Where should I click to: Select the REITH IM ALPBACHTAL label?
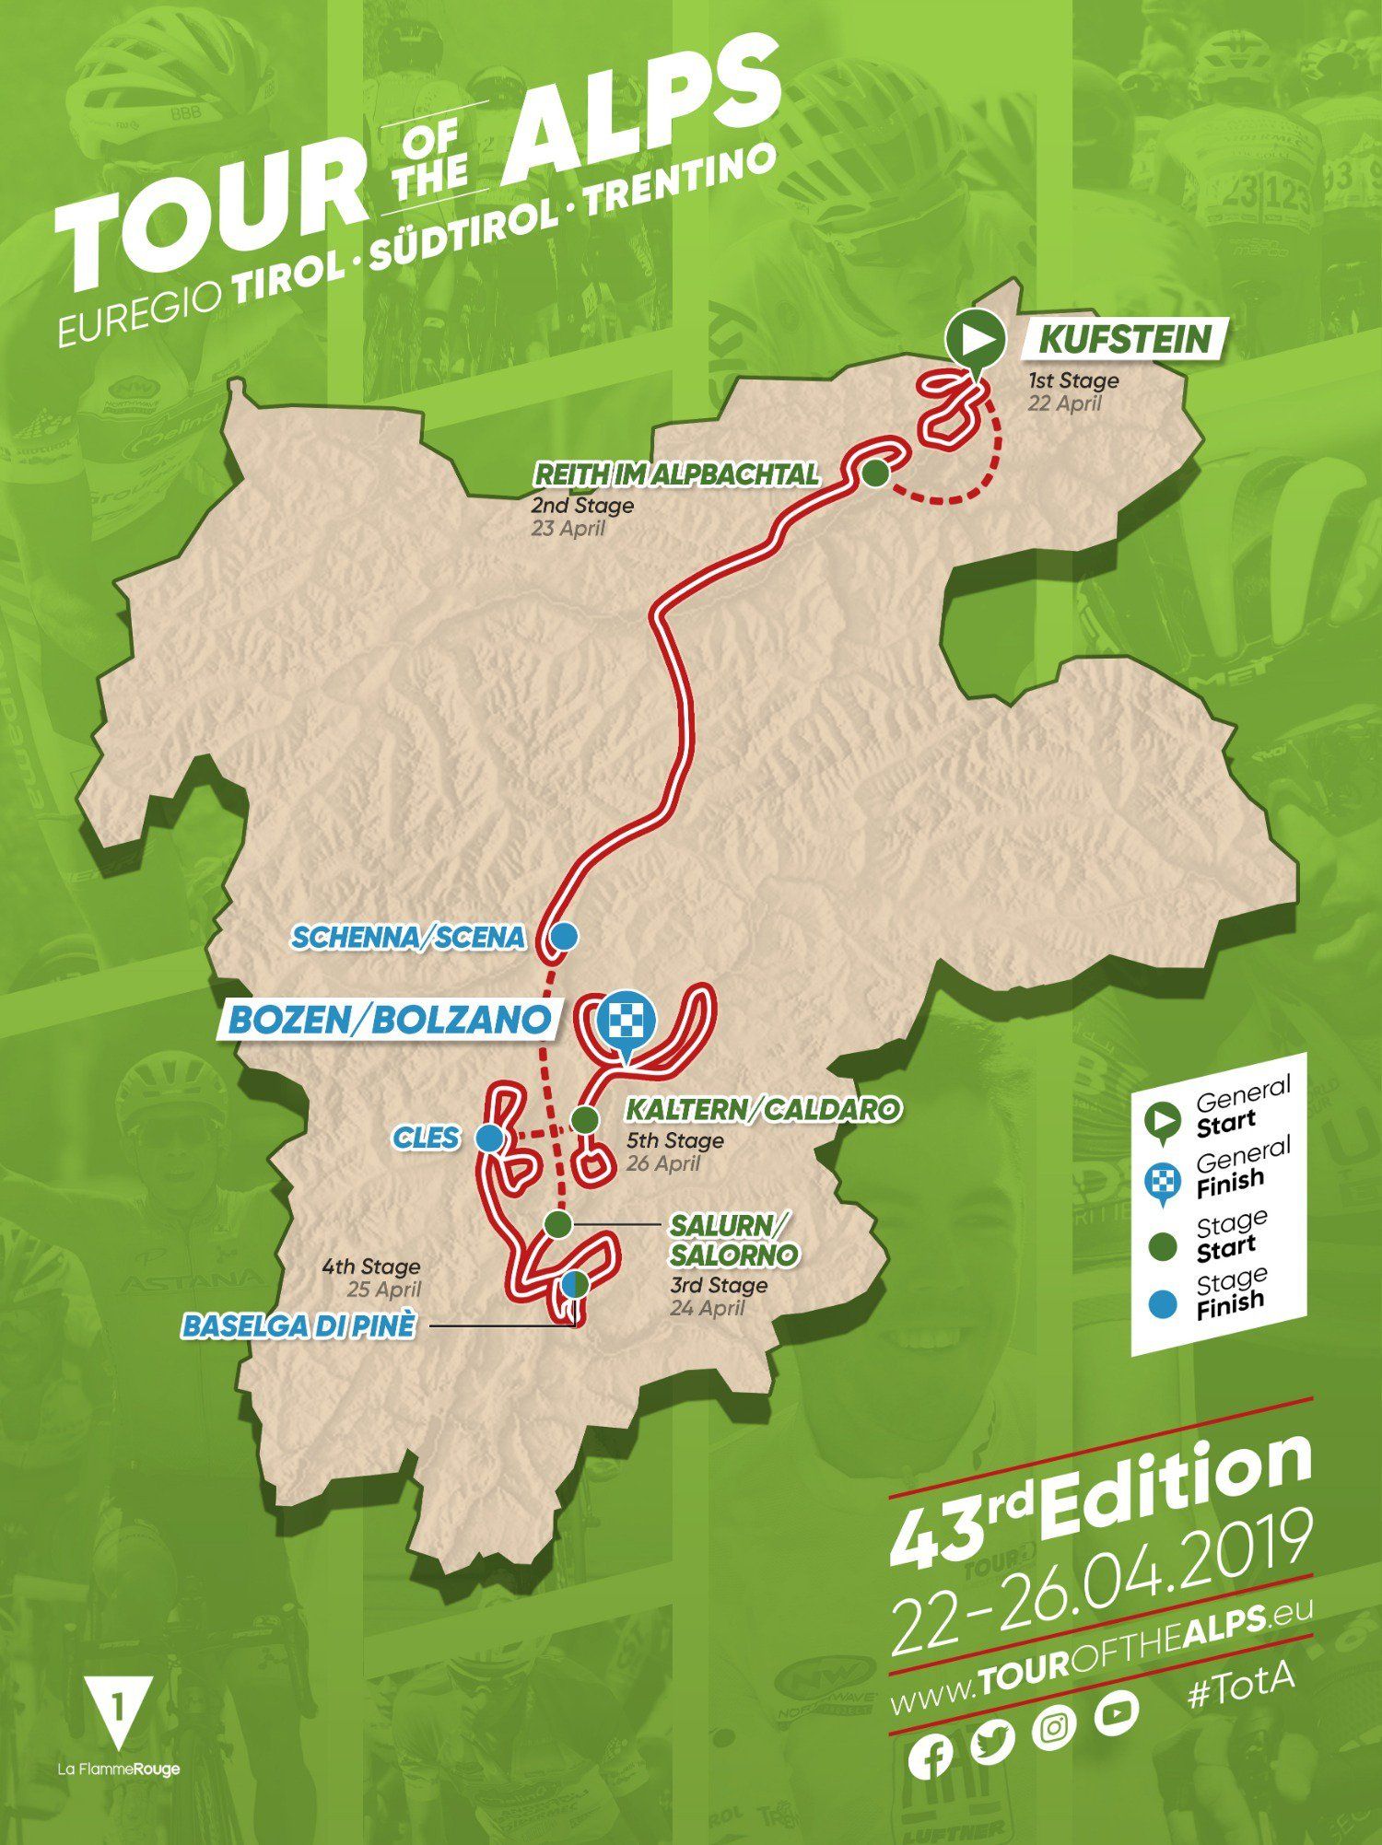point(676,475)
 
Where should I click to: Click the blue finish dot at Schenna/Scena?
point(563,937)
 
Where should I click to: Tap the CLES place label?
point(426,1138)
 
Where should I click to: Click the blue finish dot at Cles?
point(489,1139)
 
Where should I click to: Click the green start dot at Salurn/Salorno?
point(556,1223)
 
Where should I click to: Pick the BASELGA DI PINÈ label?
point(299,1326)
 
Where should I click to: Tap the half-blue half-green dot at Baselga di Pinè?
point(574,1284)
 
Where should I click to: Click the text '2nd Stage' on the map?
point(581,506)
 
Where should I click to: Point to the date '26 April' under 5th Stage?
point(663,1163)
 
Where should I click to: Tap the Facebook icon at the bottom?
point(931,1757)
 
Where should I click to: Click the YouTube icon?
point(1117,1712)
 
